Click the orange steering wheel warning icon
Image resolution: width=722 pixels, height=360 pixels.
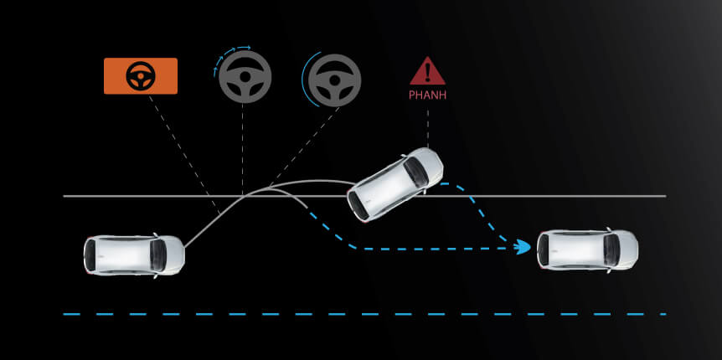140,76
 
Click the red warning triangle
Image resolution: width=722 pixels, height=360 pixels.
427,72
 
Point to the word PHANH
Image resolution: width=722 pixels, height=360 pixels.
427,95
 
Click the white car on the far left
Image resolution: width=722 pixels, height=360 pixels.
134,255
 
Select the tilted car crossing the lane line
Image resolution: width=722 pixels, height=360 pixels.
395,184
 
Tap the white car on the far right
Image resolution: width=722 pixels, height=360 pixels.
587,249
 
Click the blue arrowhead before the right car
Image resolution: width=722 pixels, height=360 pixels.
523,246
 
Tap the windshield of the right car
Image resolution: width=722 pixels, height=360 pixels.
609,249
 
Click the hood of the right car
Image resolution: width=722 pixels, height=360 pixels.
627,249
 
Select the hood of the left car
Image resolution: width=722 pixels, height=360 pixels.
173,255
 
